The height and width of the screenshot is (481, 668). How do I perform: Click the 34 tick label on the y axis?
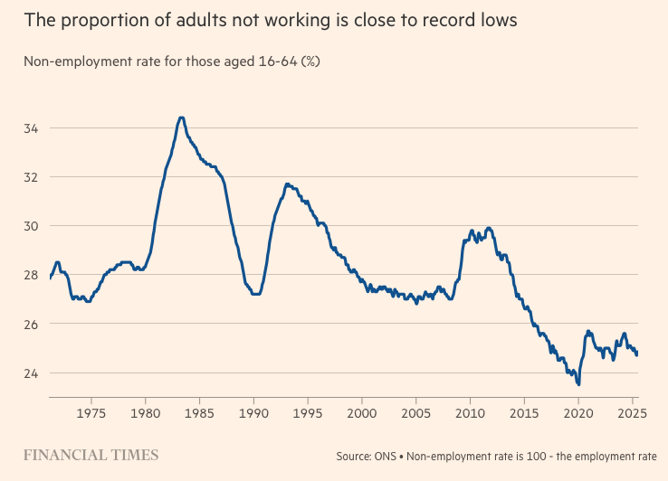click(x=31, y=127)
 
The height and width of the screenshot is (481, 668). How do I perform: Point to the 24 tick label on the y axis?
click(x=31, y=373)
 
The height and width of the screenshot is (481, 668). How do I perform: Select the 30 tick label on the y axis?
click(x=31, y=225)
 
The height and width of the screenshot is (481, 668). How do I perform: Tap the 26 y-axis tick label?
click(x=31, y=324)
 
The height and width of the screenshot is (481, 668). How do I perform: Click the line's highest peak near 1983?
click(x=181, y=118)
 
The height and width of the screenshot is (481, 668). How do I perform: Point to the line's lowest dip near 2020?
click(x=578, y=383)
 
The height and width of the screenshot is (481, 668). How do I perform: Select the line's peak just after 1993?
click(x=287, y=184)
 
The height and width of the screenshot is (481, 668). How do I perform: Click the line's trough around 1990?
click(x=255, y=294)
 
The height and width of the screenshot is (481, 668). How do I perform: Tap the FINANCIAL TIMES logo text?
click(x=91, y=455)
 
